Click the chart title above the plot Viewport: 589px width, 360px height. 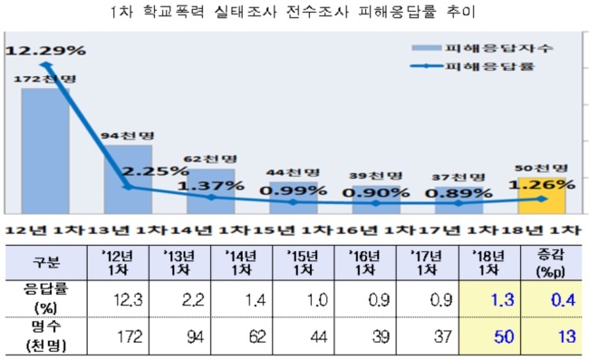[294, 12]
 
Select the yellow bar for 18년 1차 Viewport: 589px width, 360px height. [542, 196]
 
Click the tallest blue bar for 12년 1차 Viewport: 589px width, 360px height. [45, 151]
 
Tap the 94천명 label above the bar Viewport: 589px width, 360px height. [128, 135]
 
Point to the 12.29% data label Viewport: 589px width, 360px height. [45, 50]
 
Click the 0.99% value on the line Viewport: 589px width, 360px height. [294, 191]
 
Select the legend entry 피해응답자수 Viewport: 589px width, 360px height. [483, 48]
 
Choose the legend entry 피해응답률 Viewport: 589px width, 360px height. [472, 66]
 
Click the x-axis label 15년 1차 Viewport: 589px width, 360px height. [293, 230]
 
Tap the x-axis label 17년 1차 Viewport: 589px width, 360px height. [459, 230]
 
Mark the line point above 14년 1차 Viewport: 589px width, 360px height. [211, 197]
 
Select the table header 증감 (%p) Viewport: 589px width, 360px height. [551, 263]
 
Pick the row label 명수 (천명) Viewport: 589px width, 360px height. [46, 336]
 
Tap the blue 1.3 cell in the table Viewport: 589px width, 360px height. [503, 300]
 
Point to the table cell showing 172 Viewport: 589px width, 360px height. [130, 336]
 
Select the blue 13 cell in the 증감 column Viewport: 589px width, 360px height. [567, 336]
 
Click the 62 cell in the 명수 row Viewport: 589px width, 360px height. [257, 336]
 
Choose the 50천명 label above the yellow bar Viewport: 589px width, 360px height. [541, 168]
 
